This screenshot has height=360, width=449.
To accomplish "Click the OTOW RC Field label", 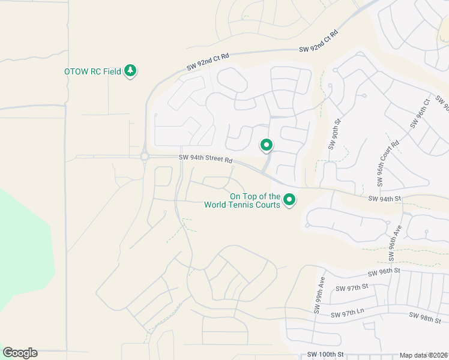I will point(92,71).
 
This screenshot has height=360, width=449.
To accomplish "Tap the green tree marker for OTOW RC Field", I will point(130,71).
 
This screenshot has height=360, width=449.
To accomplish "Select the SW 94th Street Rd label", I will point(205,159).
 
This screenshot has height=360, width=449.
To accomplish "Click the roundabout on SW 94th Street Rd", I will point(145,157).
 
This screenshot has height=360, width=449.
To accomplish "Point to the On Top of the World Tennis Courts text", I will point(242,200).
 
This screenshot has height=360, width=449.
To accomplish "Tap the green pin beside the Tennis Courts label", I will point(289,199).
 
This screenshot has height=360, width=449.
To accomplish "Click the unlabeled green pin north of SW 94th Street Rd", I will point(266,145).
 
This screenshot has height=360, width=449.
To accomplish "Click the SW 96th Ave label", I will point(394,243).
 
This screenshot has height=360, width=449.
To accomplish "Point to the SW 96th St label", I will point(385,271).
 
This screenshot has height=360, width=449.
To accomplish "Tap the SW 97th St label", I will point(351,289).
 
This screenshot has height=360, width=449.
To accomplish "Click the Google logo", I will point(20,353).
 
